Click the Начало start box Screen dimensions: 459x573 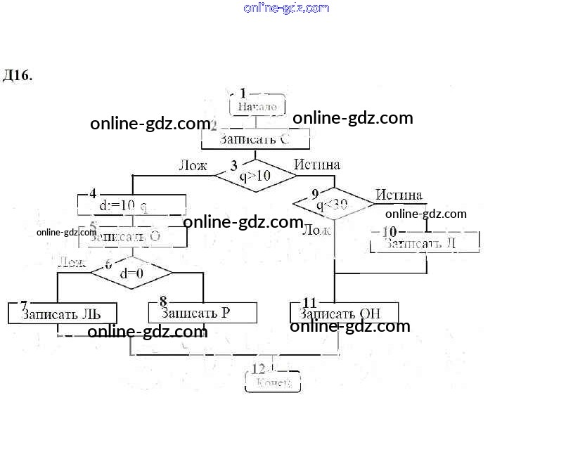click(257, 107)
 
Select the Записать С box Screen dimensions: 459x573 click(255, 140)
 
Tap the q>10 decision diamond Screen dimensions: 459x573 click(255, 176)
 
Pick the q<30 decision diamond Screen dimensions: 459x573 click(333, 205)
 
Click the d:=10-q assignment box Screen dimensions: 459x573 click(131, 206)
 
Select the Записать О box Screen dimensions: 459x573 click(131, 237)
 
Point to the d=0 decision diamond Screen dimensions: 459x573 click(131, 273)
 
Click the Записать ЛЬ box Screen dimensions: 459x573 click(61, 313)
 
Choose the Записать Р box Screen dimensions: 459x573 click(202, 313)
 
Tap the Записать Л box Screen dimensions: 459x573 click(425, 243)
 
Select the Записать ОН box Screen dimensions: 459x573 click(345, 313)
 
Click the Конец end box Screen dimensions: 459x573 click(273, 382)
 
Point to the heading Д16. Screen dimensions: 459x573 click(18, 75)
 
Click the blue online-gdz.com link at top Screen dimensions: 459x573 click(286, 8)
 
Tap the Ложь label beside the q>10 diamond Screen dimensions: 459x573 click(193, 166)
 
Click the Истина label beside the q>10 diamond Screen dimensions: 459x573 click(317, 164)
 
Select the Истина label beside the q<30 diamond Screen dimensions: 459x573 click(399, 195)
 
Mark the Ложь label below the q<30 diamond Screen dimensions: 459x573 click(316, 229)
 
